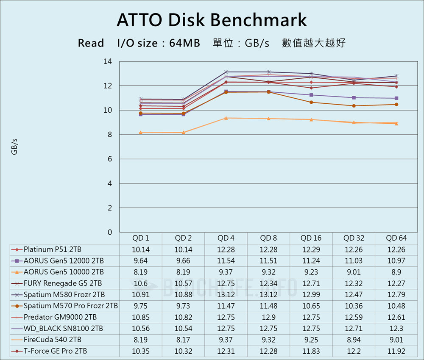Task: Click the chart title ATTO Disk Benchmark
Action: [x=212, y=20]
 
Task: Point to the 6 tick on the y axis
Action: [x=110, y=159]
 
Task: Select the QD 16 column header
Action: [x=311, y=238]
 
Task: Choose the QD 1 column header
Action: [x=141, y=238]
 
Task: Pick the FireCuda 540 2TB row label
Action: [x=53, y=340]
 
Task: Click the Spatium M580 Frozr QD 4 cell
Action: [x=226, y=294]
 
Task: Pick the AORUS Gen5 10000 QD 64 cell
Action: [x=396, y=272]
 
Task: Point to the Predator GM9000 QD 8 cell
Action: [x=268, y=317]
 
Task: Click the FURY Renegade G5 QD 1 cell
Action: [x=141, y=283]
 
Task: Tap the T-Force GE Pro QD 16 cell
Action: [x=311, y=351]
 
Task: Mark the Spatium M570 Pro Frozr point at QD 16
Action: [x=311, y=102]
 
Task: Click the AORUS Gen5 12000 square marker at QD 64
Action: [x=396, y=98]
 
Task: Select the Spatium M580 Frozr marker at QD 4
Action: [x=226, y=72]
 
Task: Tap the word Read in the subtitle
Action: [x=91, y=43]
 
